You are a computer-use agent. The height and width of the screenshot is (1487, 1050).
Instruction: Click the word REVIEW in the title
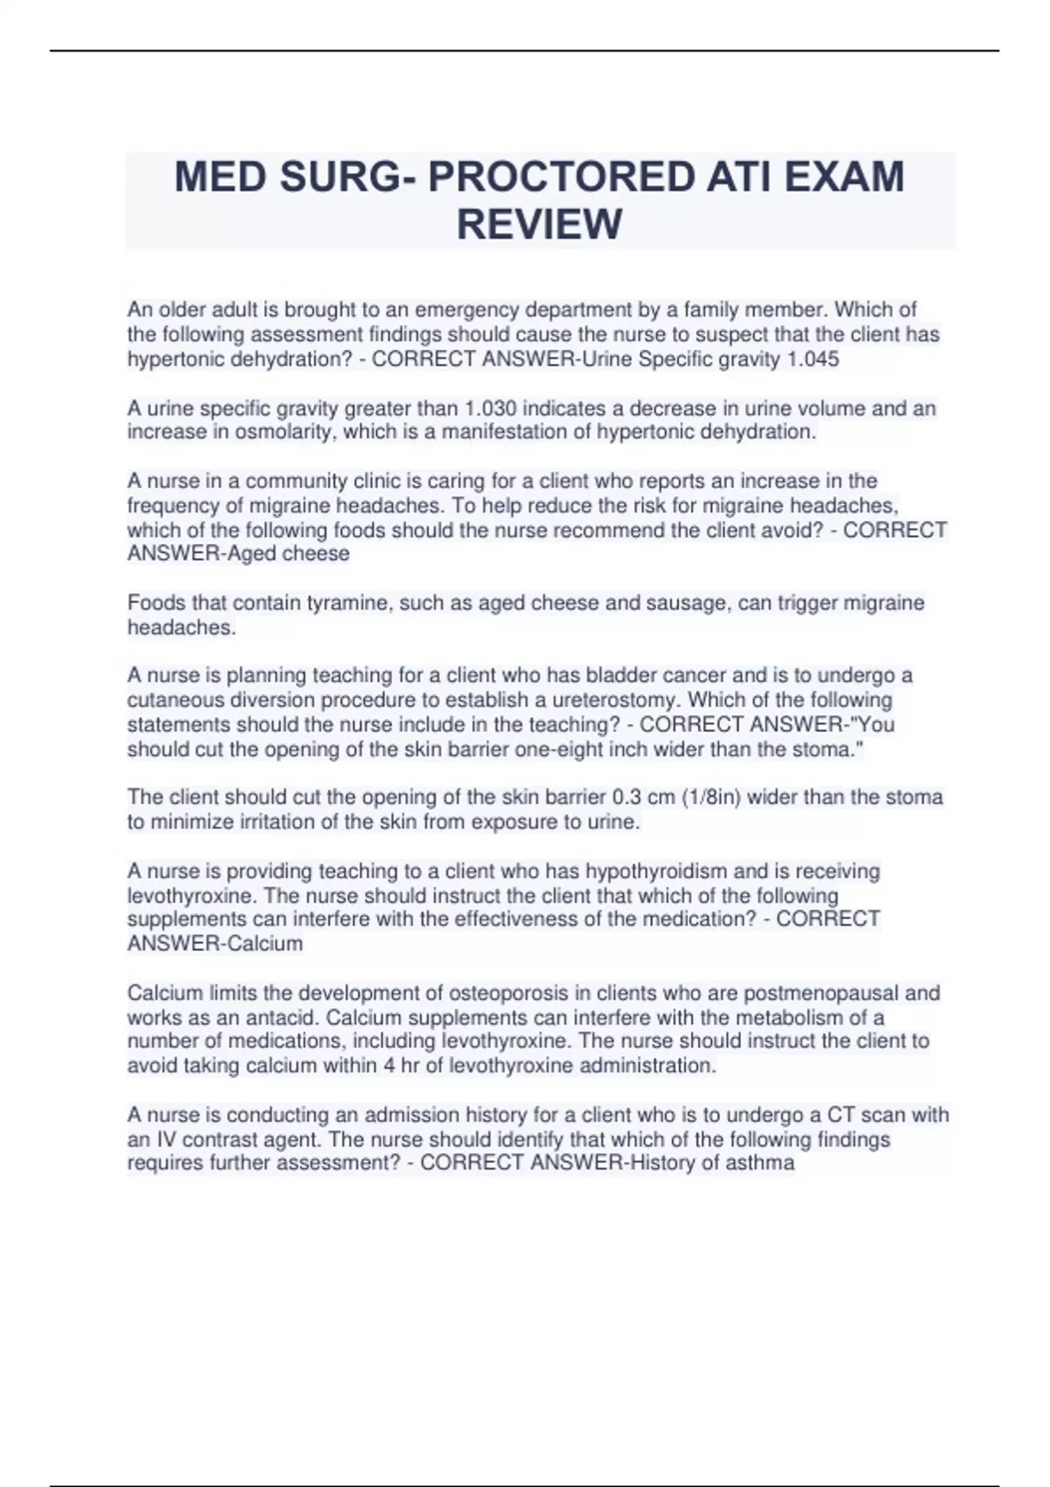pos(539,224)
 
